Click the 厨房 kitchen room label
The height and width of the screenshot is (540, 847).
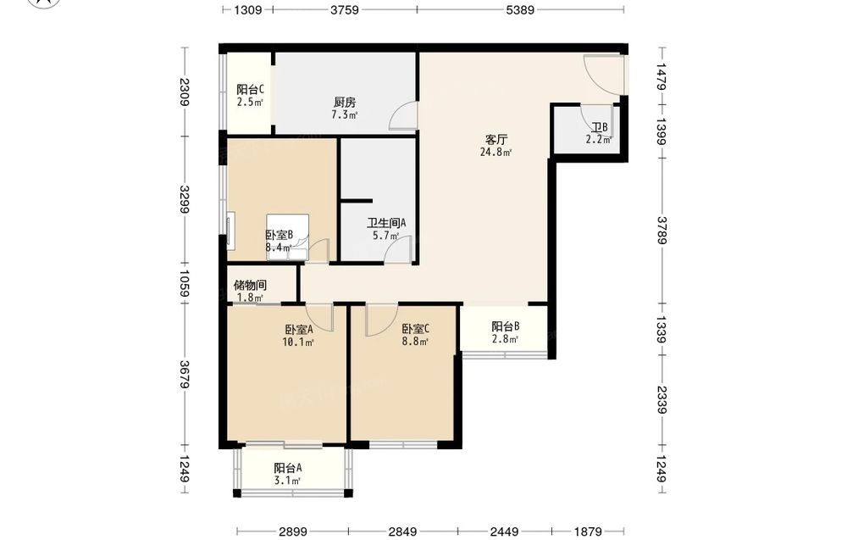(345, 103)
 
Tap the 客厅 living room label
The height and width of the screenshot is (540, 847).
(495, 140)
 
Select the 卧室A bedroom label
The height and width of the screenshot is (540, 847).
(299, 329)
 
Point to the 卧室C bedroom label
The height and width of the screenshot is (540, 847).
(415, 329)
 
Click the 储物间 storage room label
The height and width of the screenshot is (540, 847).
(250, 285)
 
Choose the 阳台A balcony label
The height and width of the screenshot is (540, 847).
(287, 468)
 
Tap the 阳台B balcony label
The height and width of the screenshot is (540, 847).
(506, 326)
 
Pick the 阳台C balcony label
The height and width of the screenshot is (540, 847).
(250, 89)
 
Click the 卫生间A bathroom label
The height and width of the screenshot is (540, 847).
(386, 223)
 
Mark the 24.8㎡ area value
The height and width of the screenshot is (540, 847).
(495, 153)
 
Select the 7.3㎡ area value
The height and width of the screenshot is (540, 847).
(345, 114)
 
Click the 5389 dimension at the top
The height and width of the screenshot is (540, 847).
(520, 9)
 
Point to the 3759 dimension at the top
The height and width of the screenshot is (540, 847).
(345, 9)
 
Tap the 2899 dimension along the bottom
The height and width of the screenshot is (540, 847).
(293, 532)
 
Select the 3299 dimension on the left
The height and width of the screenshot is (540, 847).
(185, 199)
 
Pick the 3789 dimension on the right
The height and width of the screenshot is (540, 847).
(662, 231)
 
